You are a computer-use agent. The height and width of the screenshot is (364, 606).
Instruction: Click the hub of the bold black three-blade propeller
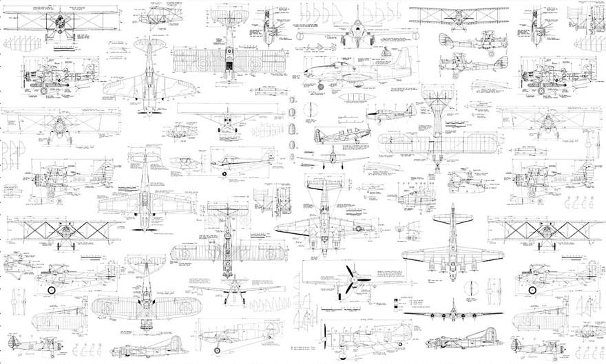352,281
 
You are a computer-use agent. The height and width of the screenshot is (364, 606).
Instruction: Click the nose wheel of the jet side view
320,86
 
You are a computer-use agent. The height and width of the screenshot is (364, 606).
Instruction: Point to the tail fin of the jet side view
404,56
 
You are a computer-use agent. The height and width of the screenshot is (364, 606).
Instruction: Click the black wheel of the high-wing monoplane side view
225,173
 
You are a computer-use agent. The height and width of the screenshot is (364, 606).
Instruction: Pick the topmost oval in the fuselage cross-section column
293,100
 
